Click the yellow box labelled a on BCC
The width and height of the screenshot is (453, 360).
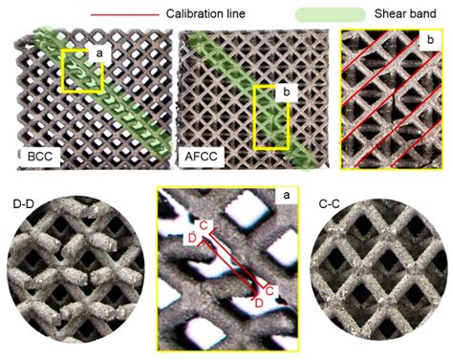tap(80, 72)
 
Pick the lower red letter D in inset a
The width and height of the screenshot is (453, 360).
tap(258, 304)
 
